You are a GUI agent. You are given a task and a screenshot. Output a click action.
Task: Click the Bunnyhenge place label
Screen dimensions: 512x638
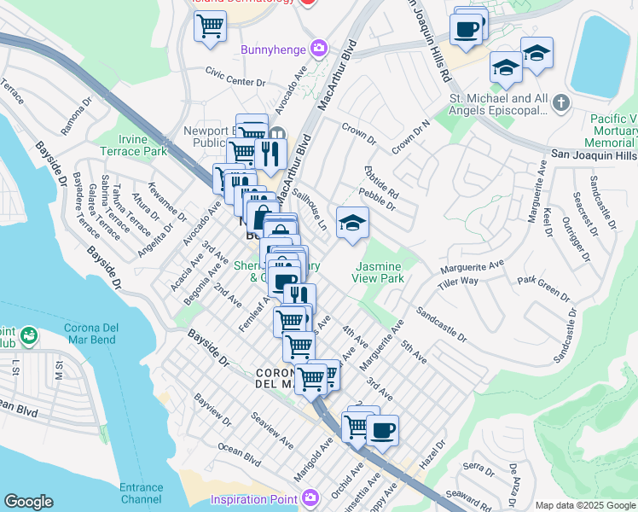(x=274, y=49)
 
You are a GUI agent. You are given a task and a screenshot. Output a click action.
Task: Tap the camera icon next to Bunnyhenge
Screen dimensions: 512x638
(x=318, y=48)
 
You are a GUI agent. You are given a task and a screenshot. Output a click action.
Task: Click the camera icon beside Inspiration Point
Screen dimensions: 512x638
(x=310, y=496)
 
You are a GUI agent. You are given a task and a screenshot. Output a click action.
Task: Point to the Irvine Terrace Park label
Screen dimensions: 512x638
(x=142, y=145)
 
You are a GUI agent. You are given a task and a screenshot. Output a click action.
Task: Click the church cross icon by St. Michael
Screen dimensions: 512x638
(x=560, y=104)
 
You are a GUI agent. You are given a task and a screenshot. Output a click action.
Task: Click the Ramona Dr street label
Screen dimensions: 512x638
(x=75, y=116)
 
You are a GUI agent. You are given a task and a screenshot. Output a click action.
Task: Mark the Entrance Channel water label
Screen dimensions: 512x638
(x=142, y=492)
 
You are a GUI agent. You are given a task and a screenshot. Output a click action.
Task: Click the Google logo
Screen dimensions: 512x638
(x=28, y=502)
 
